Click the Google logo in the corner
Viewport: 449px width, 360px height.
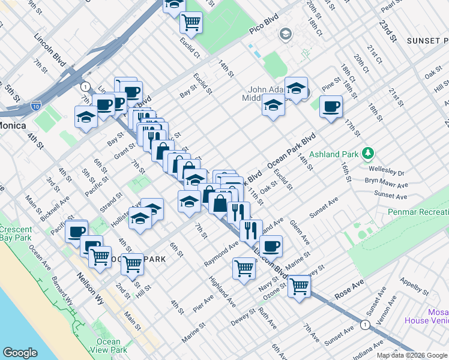click(x=20, y=353)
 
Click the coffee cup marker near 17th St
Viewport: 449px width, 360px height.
click(x=331, y=107)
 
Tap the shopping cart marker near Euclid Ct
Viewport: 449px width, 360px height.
click(x=191, y=23)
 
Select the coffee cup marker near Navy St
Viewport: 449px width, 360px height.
click(x=271, y=245)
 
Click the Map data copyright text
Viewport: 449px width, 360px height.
click(x=412, y=355)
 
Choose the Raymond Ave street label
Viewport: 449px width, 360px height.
click(x=221, y=255)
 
